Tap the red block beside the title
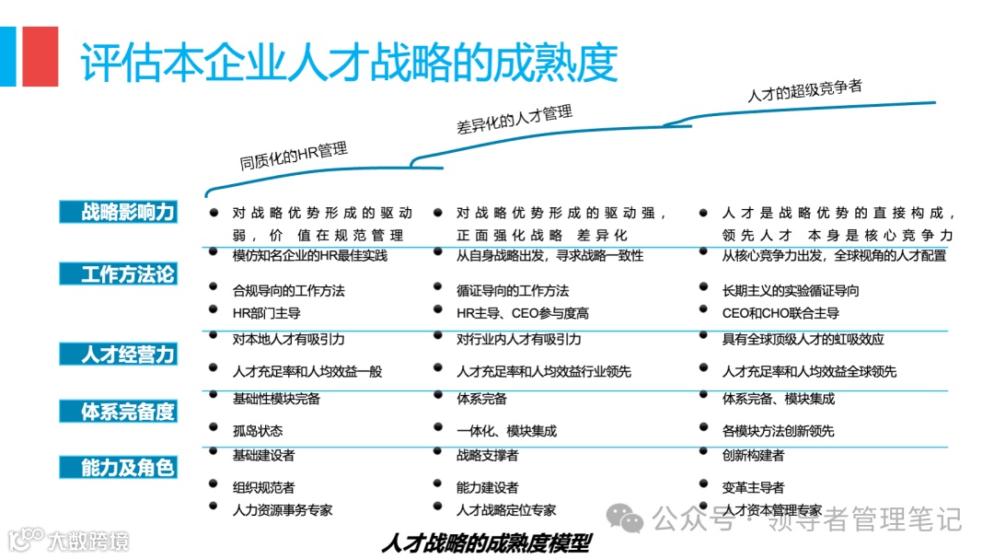[x=40, y=56]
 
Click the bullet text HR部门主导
[x=268, y=313]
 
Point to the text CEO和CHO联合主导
[x=780, y=313]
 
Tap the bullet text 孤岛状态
[x=258, y=431]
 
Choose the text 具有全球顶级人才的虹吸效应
[x=803, y=339]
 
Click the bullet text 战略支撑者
[x=487, y=455]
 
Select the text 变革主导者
[x=753, y=487]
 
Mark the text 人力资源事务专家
[x=283, y=509]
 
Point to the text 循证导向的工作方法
[x=513, y=290]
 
